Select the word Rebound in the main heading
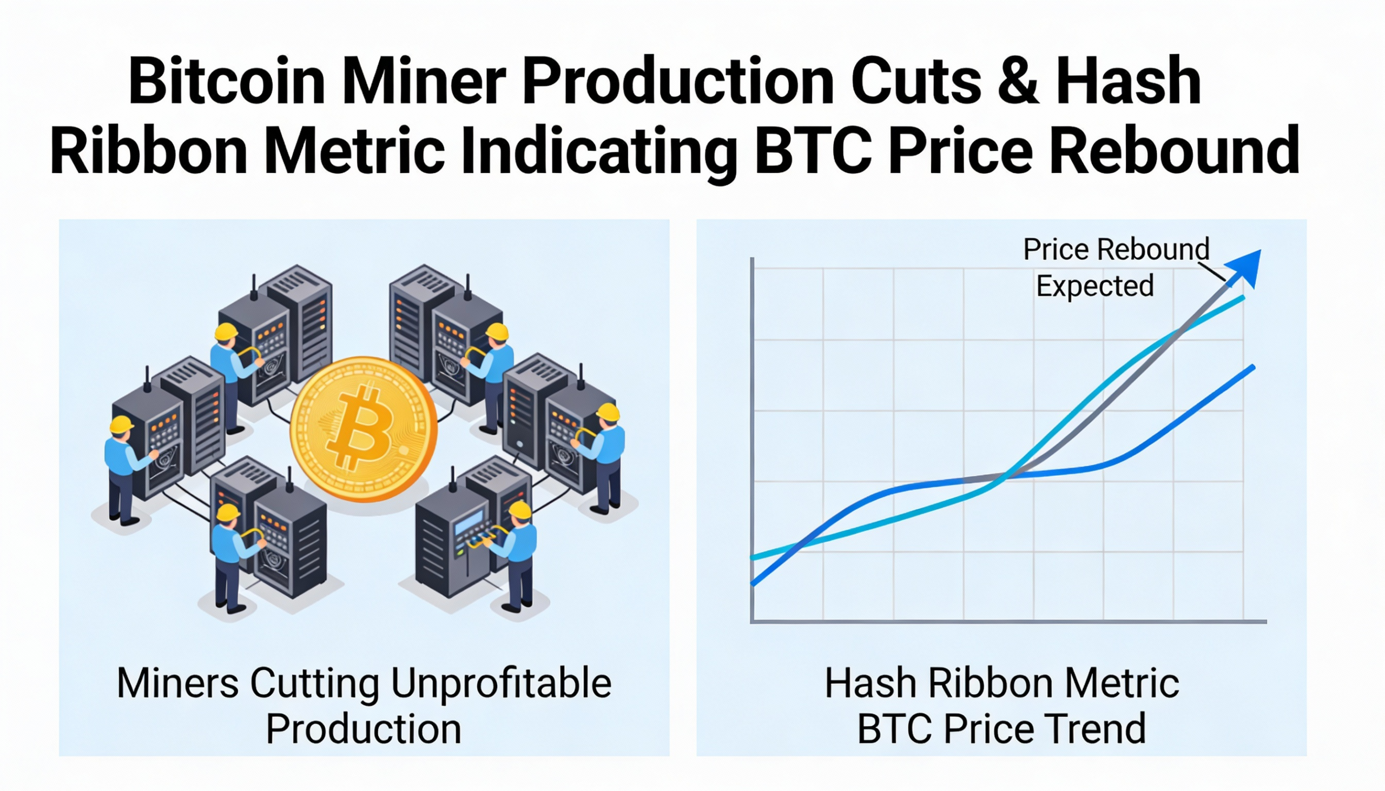click(1174, 149)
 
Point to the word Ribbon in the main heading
click(149, 149)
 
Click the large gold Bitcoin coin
click(363, 429)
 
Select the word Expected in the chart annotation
click(1094, 287)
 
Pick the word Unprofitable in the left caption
click(500, 683)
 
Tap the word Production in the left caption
click(363, 729)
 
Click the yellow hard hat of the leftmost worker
click(121, 424)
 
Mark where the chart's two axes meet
click(753, 621)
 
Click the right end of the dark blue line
click(1254, 368)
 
